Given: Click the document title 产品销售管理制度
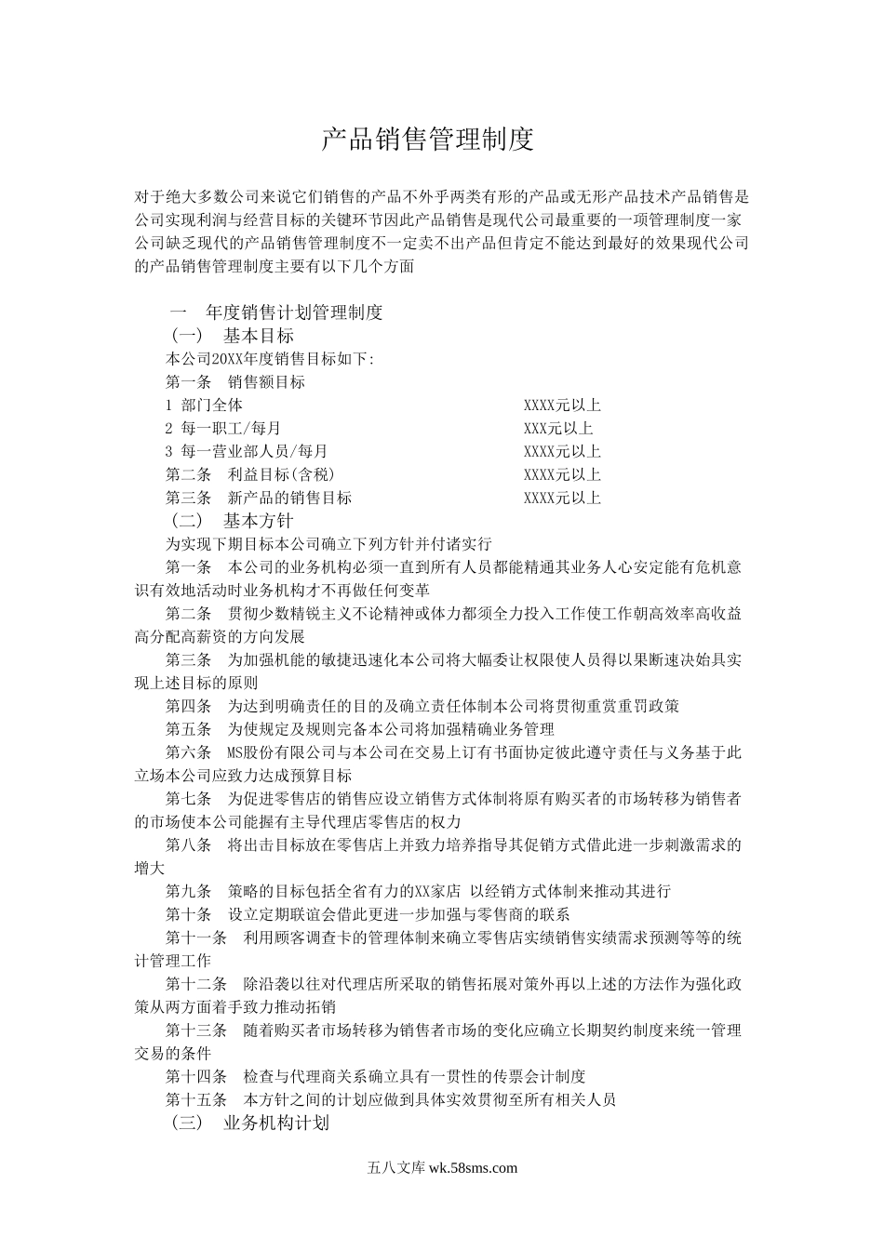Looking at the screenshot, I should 428,140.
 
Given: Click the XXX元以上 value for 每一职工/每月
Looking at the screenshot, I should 558,428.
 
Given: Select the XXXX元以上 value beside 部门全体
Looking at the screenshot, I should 562,405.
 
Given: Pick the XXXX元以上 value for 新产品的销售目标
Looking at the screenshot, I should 562,498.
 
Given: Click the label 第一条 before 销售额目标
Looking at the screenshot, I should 189,381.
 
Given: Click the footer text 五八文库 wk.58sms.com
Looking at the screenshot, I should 442,1169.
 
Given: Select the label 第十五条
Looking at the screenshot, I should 196,1099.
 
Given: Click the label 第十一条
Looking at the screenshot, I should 196,937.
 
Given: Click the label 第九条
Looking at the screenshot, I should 189,891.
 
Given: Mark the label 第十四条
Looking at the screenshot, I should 196,1076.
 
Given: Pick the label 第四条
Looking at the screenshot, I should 189,706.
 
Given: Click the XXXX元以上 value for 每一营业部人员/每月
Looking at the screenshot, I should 562,451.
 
